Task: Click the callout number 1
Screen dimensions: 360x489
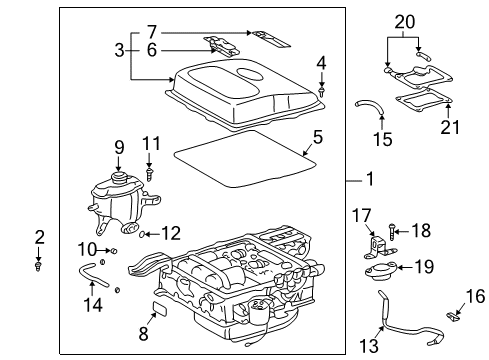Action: (x=369, y=181)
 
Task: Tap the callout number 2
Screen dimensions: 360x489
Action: (x=39, y=237)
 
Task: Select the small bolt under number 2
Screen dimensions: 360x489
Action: (x=39, y=266)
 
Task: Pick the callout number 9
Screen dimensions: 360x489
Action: (x=118, y=148)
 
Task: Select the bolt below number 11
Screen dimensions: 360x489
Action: (x=150, y=172)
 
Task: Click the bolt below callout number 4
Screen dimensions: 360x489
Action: (x=322, y=91)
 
